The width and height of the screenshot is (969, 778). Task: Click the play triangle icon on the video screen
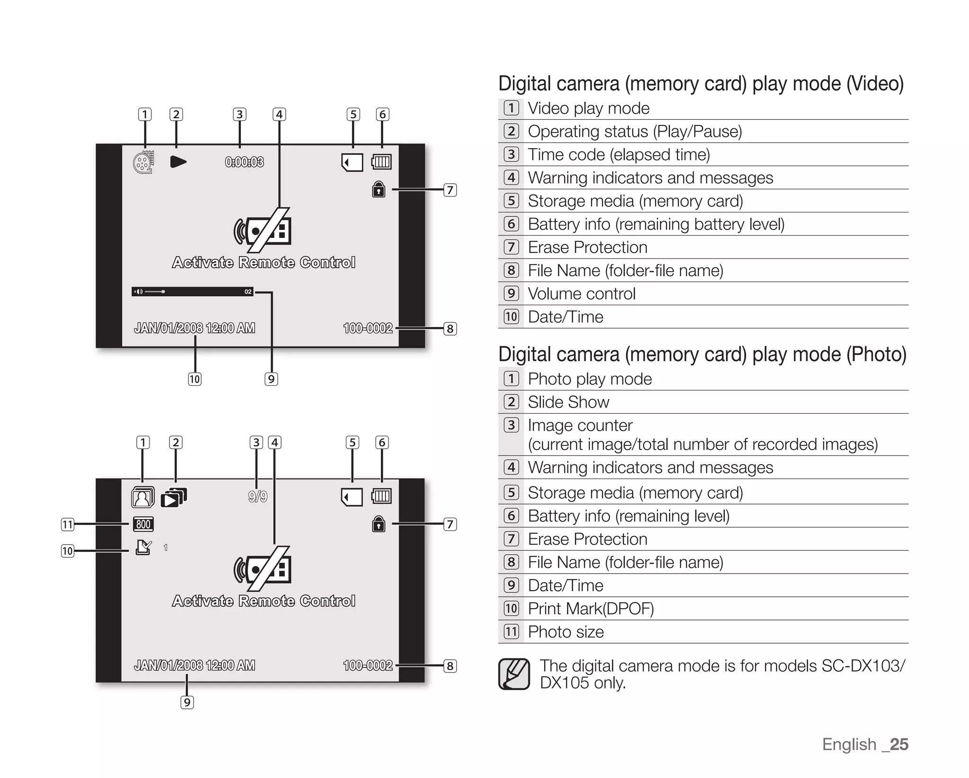point(178,162)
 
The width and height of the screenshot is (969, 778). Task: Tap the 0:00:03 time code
point(244,162)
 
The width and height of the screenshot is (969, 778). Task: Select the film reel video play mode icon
point(143,162)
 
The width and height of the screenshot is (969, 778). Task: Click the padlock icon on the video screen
point(379,189)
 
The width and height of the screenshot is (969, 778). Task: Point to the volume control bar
point(193,292)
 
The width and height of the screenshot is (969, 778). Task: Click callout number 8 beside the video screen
point(450,328)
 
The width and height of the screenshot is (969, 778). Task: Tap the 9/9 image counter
point(257,496)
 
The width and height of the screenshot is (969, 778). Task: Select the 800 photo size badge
point(143,524)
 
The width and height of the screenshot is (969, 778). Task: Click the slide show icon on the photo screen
point(174,497)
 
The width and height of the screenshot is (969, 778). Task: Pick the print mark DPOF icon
point(143,548)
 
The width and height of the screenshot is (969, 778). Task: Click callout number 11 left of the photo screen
point(68,524)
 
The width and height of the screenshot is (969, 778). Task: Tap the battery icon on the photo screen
point(381,496)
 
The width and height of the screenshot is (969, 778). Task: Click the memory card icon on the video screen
point(352,162)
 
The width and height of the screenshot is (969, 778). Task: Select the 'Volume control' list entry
point(581,293)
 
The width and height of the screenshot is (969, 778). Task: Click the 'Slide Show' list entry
point(568,402)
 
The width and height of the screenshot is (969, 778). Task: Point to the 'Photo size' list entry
point(566,632)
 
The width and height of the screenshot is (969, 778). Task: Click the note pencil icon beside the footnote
point(514,674)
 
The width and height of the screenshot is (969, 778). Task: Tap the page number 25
point(899,744)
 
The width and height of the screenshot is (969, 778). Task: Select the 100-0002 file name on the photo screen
point(368,665)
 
